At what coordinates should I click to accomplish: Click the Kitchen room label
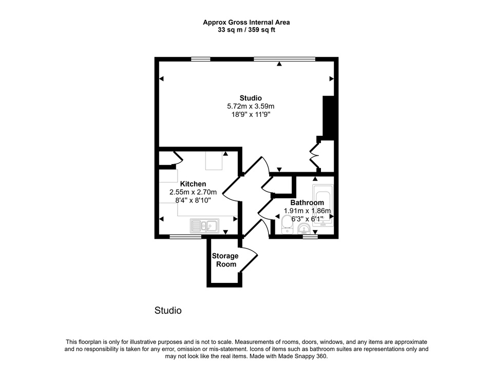pyautogui.click(x=193, y=184)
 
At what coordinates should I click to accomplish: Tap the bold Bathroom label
pyautogui.click(x=308, y=202)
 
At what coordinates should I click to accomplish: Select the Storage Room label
pyautogui.click(x=225, y=260)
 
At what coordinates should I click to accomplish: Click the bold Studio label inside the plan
pyautogui.click(x=251, y=98)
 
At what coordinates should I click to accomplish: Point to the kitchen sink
pyautogui.click(x=204, y=225)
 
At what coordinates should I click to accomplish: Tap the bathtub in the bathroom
pyautogui.click(x=323, y=206)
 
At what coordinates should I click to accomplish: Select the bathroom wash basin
pyautogui.click(x=304, y=228)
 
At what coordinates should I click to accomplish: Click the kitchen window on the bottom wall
pyautogui.click(x=186, y=237)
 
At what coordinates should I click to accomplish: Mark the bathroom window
pyautogui.click(x=310, y=237)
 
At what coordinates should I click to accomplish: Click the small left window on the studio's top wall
pyautogui.click(x=201, y=59)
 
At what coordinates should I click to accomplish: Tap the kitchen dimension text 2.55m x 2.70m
pyautogui.click(x=193, y=192)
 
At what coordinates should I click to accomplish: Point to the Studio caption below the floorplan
pyautogui.click(x=168, y=311)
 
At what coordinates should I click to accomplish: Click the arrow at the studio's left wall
pyautogui.click(x=161, y=78)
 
